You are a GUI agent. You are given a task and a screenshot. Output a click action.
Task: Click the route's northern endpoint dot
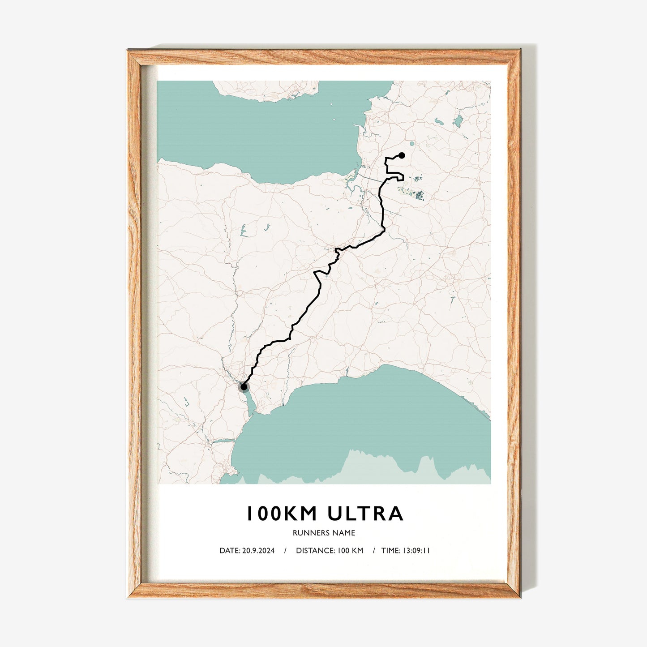click(402, 155)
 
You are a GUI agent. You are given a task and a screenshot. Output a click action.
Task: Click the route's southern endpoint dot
click(244, 387)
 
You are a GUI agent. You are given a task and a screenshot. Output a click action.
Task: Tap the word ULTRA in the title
click(365, 514)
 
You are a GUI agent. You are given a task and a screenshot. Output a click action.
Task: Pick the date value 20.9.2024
click(258, 550)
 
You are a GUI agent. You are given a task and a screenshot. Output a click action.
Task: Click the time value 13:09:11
click(416, 550)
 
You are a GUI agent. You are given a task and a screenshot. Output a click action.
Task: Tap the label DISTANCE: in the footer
click(315, 550)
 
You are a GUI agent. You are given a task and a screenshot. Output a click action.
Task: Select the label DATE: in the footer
click(229, 550)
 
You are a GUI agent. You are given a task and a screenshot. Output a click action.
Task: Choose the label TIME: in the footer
click(390, 550)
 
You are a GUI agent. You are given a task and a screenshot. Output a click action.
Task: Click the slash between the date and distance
click(285, 550)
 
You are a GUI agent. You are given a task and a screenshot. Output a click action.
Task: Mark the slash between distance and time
click(373, 550)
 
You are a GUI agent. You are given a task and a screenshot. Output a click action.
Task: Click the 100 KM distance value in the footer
click(350, 550)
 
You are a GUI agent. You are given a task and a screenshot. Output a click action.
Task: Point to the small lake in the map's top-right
click(458, 121)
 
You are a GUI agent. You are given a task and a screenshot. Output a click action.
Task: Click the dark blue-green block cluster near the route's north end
click(419, 195)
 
